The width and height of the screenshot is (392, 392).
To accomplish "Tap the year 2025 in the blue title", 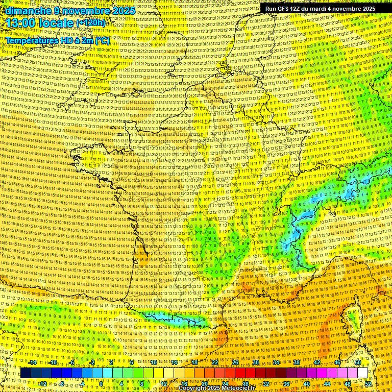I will coord(122,11).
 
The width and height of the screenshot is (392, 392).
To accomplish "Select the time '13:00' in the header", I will coord(23,23).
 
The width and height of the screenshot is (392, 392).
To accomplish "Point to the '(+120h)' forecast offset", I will coord(91,22).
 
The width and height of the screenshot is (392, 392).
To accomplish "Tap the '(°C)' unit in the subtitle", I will coord(102,40).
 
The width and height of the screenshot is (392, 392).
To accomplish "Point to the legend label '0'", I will coord(101,384).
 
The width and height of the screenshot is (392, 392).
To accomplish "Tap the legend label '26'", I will coord(235,362).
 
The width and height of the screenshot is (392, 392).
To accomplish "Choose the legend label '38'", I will coord(296,362).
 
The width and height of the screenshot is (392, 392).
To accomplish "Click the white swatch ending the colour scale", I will coord(362,373).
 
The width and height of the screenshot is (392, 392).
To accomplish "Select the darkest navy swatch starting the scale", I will coord(26,373).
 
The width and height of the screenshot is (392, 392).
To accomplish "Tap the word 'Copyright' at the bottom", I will coord(192,388).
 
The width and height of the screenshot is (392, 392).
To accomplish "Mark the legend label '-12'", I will coord(43,384).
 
